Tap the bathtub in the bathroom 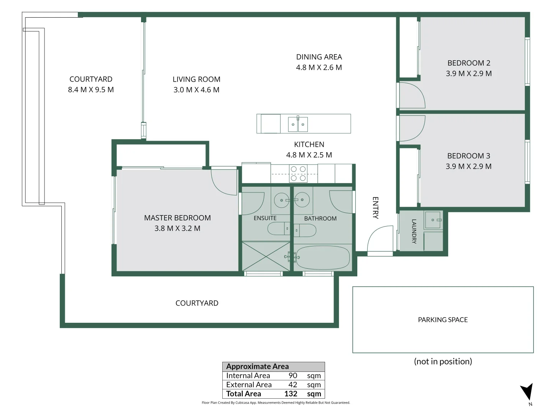click(323, 257)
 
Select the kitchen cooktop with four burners click(298, 173)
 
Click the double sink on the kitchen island click(298, 124)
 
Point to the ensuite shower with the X click(266, 256)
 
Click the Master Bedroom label click(177, 218)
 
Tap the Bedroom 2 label click(469, 63)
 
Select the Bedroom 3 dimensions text click(468, 166)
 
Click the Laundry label click(414, 231)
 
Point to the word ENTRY click(375, 208)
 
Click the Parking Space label click(443, 320)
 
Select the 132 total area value click(291, 394)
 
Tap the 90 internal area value click(293, 376)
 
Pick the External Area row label click(249, 384)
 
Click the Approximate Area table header click(258, 366)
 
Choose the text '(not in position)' click(443, 361)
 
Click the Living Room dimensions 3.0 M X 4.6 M click(196, 90)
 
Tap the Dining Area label click(319, 57)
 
